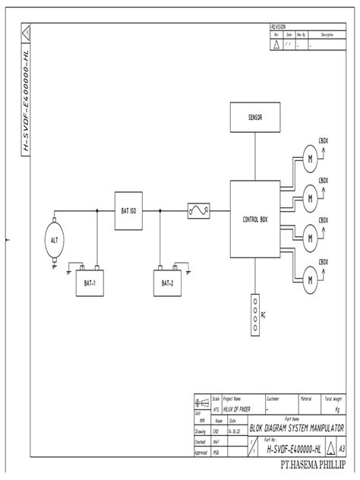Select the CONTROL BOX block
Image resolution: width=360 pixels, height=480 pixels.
(254, 219)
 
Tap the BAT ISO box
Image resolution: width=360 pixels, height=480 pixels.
(128, 210)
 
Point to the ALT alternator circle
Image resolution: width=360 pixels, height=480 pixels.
(54, 240)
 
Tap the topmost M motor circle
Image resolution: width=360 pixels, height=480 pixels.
(310, 158)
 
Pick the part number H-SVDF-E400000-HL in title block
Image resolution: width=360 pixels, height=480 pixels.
(292, 450)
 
